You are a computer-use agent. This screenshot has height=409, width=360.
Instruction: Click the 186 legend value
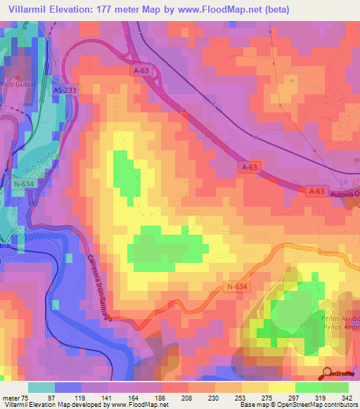point(162,398)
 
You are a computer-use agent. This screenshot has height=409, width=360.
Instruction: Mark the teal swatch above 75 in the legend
point(41,387)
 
